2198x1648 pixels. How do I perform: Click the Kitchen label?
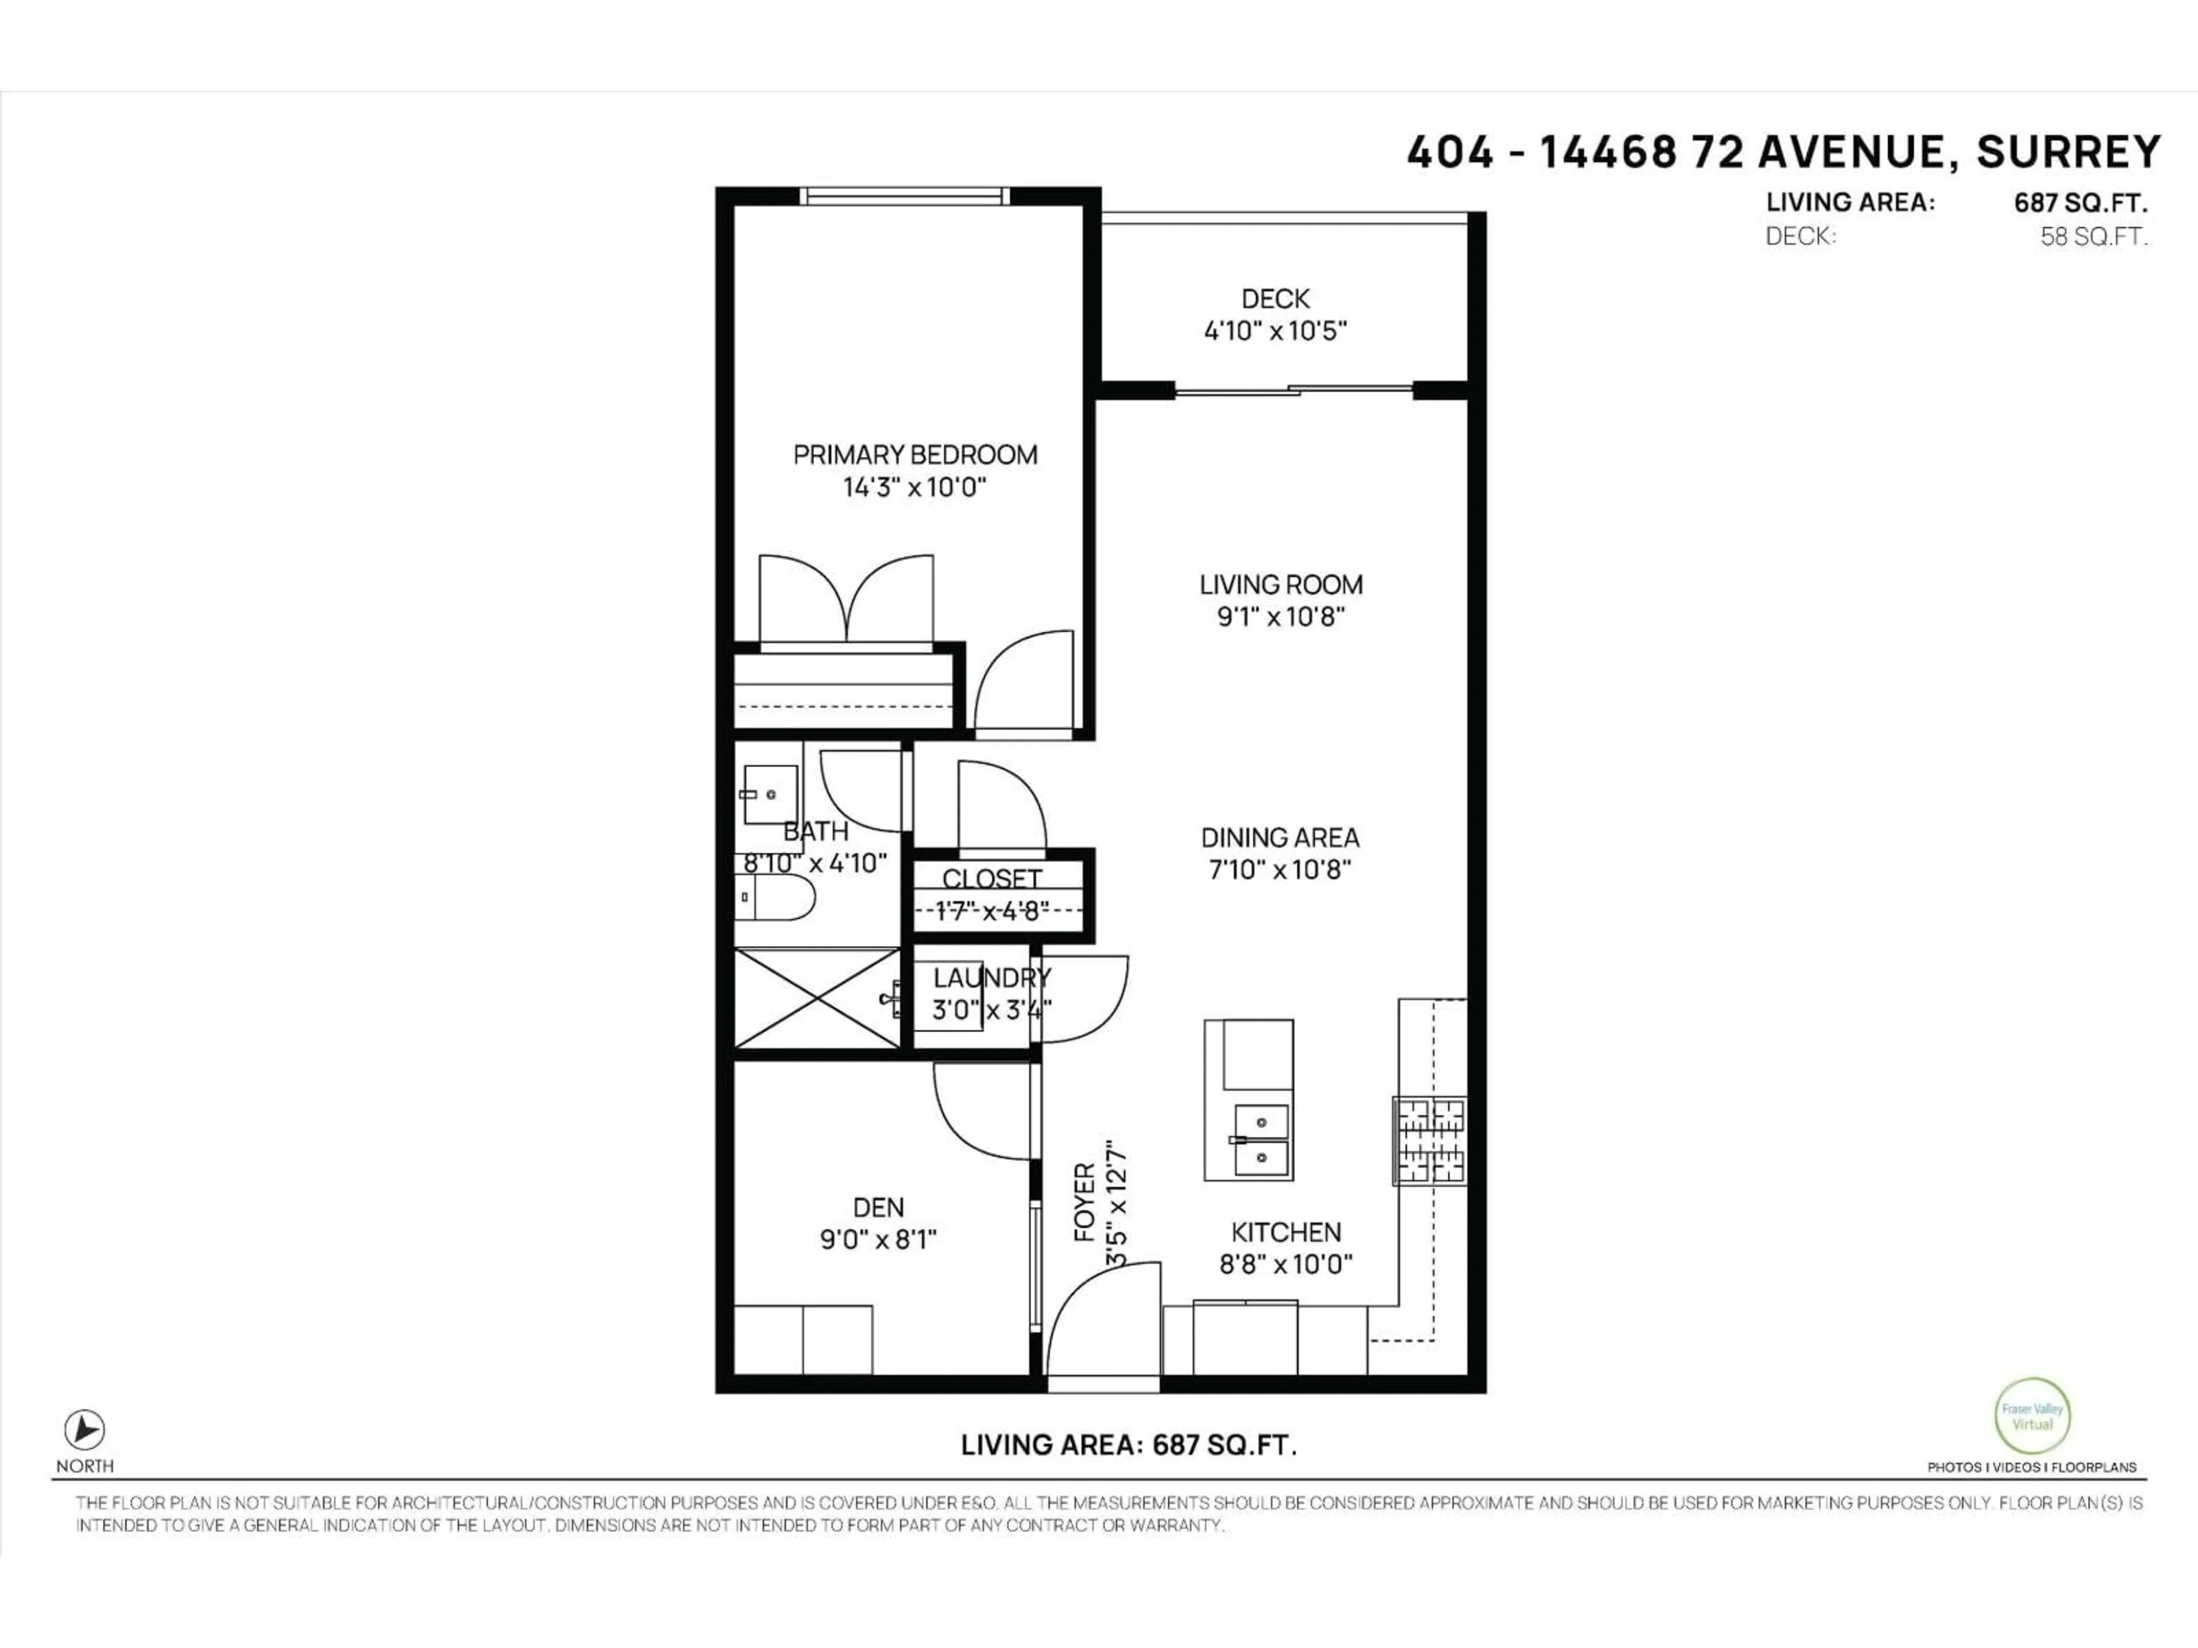[x=1286, y=1232]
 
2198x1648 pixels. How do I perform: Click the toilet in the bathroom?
[x=775, y=898]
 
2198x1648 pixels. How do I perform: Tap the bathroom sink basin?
[x=771, y=795]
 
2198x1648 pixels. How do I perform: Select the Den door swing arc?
[x=979, y=1111]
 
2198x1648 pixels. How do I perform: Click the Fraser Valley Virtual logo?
[x=2032, y=1416]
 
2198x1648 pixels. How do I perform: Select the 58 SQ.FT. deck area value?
[x=2094, y=236]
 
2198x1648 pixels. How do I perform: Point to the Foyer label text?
[x=1084, y=1202]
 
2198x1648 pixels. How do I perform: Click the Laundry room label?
[x=991, y=978]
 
